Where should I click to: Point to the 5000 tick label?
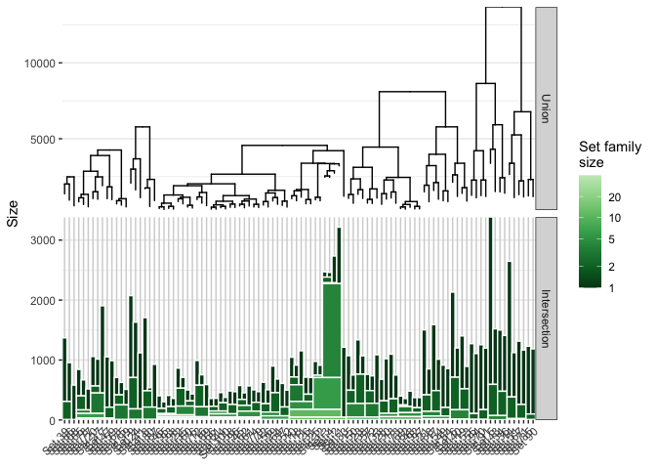(x=42, y=139)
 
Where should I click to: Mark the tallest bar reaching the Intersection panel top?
(x=490, y=313)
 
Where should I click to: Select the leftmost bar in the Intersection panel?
(x=64, y=381)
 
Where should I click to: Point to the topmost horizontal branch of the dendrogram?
(x=503, y=8)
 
